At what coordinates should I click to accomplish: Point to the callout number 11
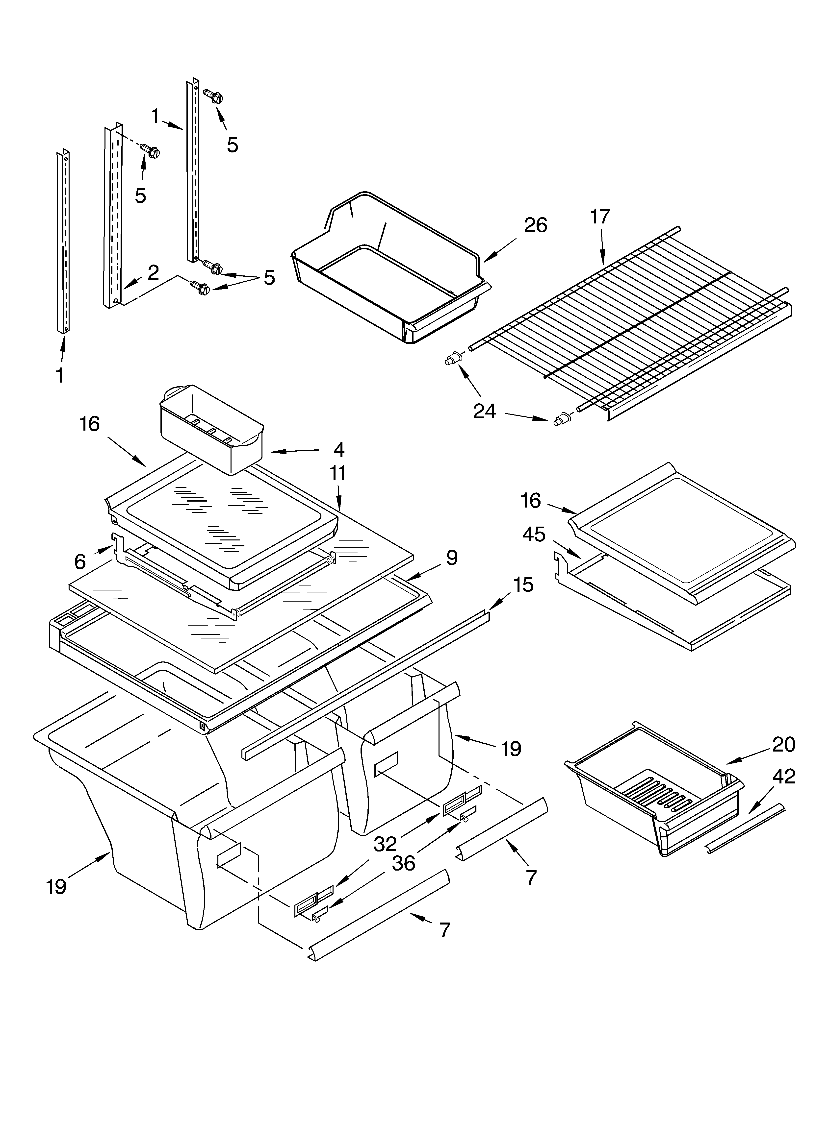coord(338,473)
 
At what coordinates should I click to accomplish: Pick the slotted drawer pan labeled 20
coord(656,787)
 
